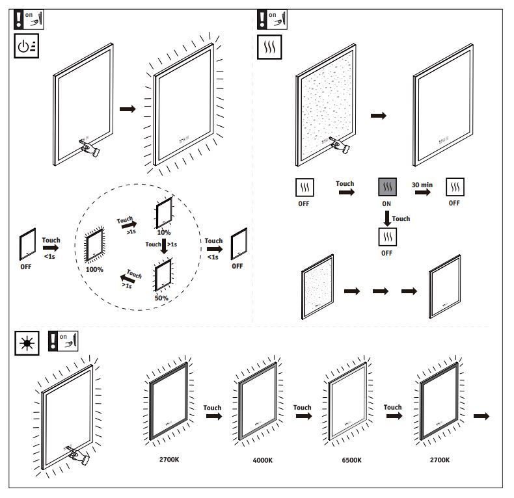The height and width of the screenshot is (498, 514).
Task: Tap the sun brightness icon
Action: pyautogui.click(x=26, y=343)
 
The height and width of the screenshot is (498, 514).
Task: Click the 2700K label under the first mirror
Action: pyautogui.click(x=169, y=459)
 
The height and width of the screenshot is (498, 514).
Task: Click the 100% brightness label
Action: pyautogui.click(x=94, y=269)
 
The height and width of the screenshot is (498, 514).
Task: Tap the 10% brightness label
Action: pyautogui.click(x=163, y=232)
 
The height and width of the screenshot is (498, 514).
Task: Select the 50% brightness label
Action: pyautogui.click(x=161, y=298)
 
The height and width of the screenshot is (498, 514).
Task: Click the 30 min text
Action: pyautogui.click(x=422, y=185)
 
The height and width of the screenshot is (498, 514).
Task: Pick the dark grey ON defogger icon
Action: pyautogui.click(x=387, y=189)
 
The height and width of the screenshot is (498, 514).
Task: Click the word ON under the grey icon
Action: pyautogui.click(x=387, y=204)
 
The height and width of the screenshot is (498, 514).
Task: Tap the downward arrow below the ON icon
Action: pyautogui.click(x=387, y=218)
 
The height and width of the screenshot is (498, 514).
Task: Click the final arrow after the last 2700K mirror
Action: pyautogui.click(x=481, y=415)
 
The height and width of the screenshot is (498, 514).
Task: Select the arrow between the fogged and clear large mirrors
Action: pyautogui.click(x=378, y=115)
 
